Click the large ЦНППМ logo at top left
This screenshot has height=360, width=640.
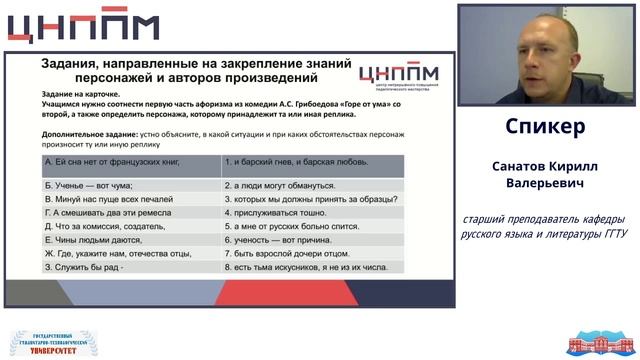click(84, 27)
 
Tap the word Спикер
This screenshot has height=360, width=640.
click(545, 128)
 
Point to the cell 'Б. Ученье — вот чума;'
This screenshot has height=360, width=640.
click(90, 185)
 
